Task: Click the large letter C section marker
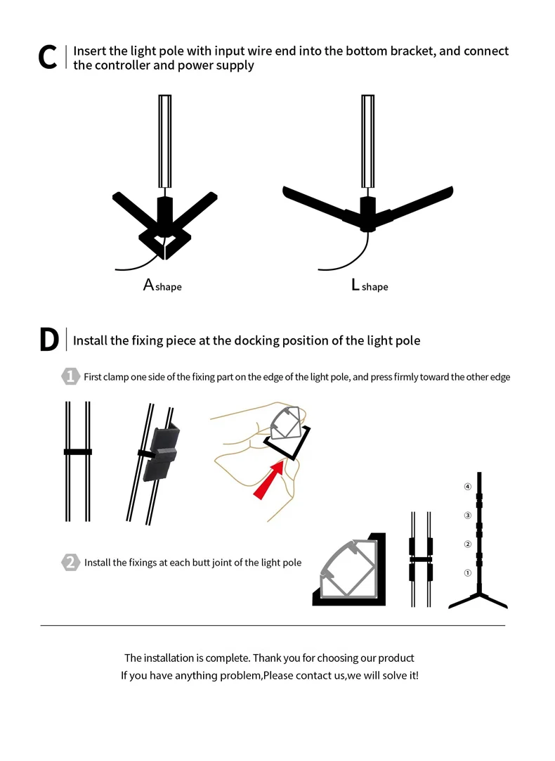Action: click(47, 58)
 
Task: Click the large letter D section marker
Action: click(49, 340)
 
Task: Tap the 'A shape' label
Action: click(162, 286)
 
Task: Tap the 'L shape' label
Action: click(370, 286)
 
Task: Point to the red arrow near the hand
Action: click(270, 480)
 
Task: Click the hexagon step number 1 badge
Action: click(71, 376)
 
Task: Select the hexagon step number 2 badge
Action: click(71, 562)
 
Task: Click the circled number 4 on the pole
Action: click(467, 486)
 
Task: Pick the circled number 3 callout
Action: click(467, 516)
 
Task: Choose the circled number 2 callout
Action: click(467, 544)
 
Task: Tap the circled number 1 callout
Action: click(467, 573)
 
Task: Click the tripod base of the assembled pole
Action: click(478, 600)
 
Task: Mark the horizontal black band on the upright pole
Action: click(78, 451)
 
